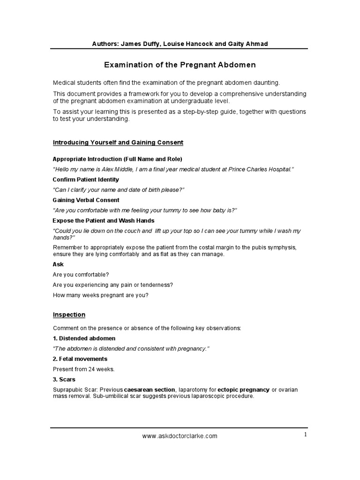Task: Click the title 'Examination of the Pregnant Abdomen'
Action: (x=180, y=65)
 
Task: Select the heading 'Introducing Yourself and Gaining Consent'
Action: (x=118, y=142)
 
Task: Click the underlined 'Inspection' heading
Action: (x=69, y=315)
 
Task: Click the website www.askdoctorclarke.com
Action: (x=180, y=436)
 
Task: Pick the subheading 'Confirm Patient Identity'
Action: (x=86, y=180)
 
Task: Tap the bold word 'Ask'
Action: (x=58, y=264)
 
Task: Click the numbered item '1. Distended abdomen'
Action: (x=84, y=338)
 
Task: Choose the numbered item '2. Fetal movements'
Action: (x=80, y=359)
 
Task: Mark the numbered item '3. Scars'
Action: (x=64, y=379)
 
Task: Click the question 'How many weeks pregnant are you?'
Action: (x=100, y=295)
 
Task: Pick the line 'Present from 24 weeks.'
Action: (x=84, y=369)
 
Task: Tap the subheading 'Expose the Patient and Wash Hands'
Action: (x=104, y=220)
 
